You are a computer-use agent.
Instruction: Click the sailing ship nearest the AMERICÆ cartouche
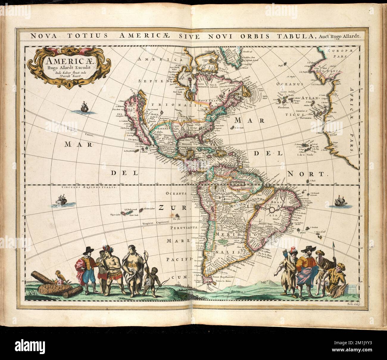[x=85, y=107]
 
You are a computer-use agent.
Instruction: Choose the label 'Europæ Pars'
[x=338, y=53]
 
